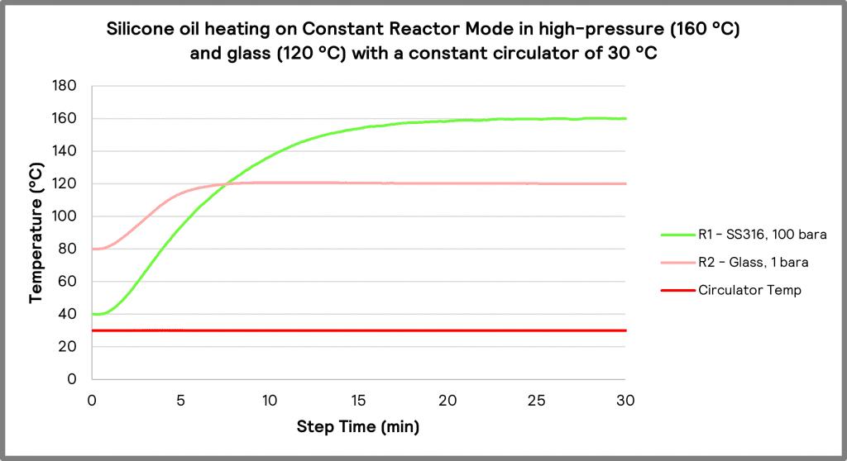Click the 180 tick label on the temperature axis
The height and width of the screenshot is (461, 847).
[65, 86]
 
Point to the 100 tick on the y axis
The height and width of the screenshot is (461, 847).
[65, 216]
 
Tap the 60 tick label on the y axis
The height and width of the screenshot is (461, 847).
[68, 282]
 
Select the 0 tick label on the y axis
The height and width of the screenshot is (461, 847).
[72, 379]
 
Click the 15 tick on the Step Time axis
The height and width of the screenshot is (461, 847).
[358, 401]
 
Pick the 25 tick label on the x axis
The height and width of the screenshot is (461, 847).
[537, 401]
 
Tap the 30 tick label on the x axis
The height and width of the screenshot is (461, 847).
[625, 401]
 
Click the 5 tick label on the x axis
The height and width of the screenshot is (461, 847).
[180, 401]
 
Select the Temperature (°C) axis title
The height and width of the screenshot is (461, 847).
[36, 233]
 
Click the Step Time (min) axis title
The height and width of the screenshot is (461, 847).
[358, 427]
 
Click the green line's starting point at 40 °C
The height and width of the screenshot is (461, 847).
[92, 314]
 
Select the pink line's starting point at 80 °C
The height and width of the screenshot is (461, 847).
[92, 249]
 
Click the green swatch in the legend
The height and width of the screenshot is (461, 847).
[676, 234]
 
